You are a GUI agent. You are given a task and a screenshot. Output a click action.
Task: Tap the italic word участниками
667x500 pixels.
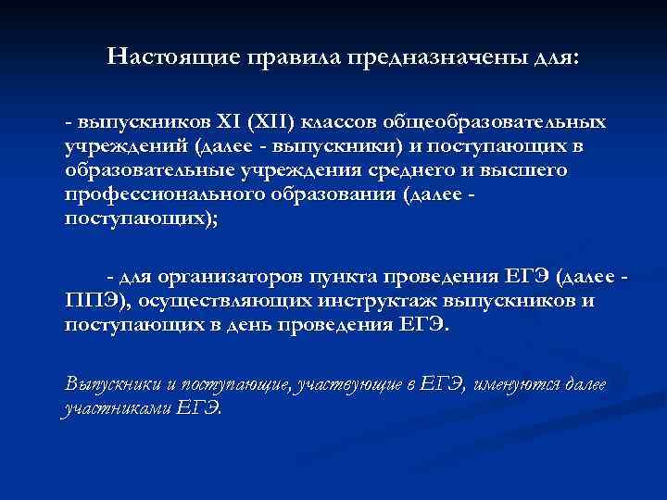pos(119,409)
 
